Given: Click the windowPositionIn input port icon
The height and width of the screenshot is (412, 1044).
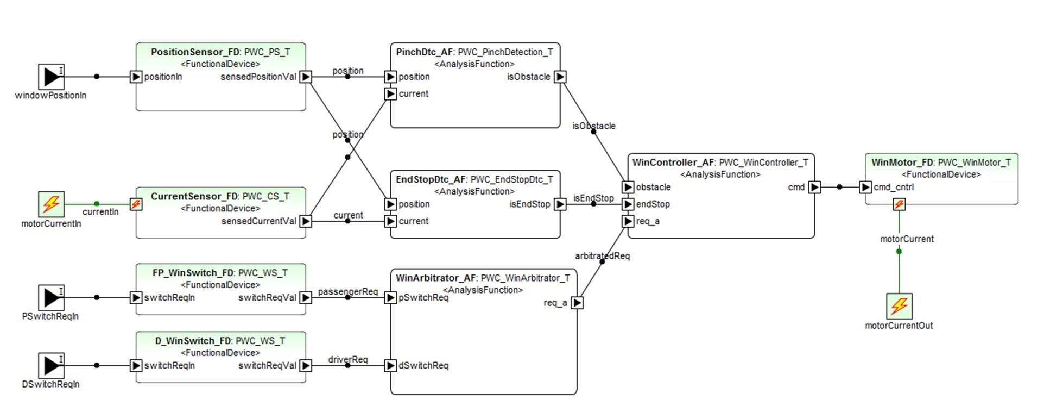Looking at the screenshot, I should [x=51, y=77].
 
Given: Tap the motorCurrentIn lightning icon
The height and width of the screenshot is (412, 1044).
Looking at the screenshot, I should [x=51, y=204].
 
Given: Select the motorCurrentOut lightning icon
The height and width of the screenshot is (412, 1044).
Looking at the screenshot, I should [x=899, y=307].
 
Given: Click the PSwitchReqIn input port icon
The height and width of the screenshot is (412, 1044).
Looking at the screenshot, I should [x=51, y=298].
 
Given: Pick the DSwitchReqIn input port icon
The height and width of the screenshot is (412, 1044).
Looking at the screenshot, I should [x=51, y=366].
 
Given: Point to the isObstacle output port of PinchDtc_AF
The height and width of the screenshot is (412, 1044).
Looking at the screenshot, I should [x=560, y=77].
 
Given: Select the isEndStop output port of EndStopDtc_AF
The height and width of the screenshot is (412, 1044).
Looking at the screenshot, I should [x=560, y=204].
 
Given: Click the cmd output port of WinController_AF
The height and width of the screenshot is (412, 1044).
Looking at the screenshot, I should [x=814, y=188].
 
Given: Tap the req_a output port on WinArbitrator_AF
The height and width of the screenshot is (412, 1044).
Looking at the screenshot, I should [x=577, y=303].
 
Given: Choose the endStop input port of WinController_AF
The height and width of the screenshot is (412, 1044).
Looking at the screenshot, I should [x=628, y=204].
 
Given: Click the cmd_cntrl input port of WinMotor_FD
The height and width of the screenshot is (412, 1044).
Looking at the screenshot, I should [x=865, y=188].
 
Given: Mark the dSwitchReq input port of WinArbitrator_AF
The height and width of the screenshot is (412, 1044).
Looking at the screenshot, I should [x=390, y=366].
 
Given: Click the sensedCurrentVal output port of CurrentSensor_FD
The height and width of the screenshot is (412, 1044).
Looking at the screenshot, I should [x=306, y=221].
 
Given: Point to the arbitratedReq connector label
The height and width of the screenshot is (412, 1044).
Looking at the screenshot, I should [x=602, y=256].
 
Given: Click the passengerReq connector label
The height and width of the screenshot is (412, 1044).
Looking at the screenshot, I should [x=347, y=292].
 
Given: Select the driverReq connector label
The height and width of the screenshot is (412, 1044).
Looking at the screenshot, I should [x=347, y=360].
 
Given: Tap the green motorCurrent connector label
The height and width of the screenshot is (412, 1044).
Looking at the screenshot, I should [x=907, y=239].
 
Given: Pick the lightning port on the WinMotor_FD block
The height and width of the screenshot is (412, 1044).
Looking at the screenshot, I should [x=899, y=204].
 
